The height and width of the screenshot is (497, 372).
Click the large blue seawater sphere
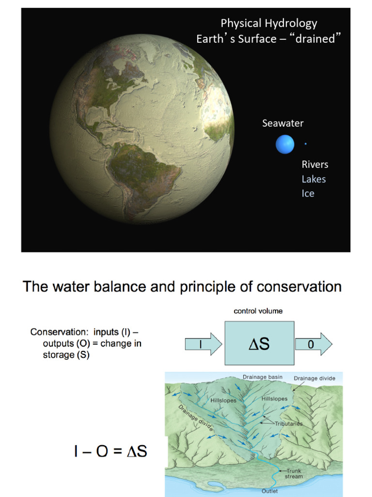click(285, 144)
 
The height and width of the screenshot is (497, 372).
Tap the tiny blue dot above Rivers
click(306, 144)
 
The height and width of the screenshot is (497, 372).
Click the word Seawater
click(283, 123)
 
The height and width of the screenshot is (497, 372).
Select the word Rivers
click(315, 165)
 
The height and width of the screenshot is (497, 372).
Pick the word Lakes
click(314, 179)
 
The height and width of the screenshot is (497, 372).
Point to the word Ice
click(308, 194)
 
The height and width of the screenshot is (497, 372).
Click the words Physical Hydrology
click(269, 23)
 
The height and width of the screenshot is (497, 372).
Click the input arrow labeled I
click(203, 345)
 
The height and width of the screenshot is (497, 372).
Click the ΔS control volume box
click(259, 343)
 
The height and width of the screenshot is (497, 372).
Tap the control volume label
click(258, 311)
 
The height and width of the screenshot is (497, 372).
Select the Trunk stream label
click(294, 474)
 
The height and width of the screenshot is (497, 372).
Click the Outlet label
click(269, 491)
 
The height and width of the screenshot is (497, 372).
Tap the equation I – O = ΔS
click(110, 451)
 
